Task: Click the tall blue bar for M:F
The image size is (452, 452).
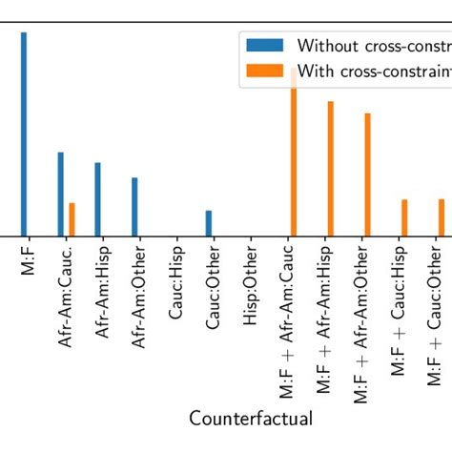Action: tap(24, 134)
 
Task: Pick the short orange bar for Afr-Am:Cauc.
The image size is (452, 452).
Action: tap(72, 219)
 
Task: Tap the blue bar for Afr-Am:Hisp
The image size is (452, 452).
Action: tap(97, 199)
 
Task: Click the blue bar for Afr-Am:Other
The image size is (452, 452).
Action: tap(134, 207)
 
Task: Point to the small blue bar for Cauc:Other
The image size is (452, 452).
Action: tap(209, 223)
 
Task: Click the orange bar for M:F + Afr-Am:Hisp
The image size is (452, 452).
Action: tap(330, 168)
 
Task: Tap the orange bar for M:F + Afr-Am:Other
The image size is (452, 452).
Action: tap(367, 174)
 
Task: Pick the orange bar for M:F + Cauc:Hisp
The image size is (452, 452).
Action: tap(404, 217)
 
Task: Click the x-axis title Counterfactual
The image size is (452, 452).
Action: tap(251, 419)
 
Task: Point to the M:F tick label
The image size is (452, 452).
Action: tap(26, 258)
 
